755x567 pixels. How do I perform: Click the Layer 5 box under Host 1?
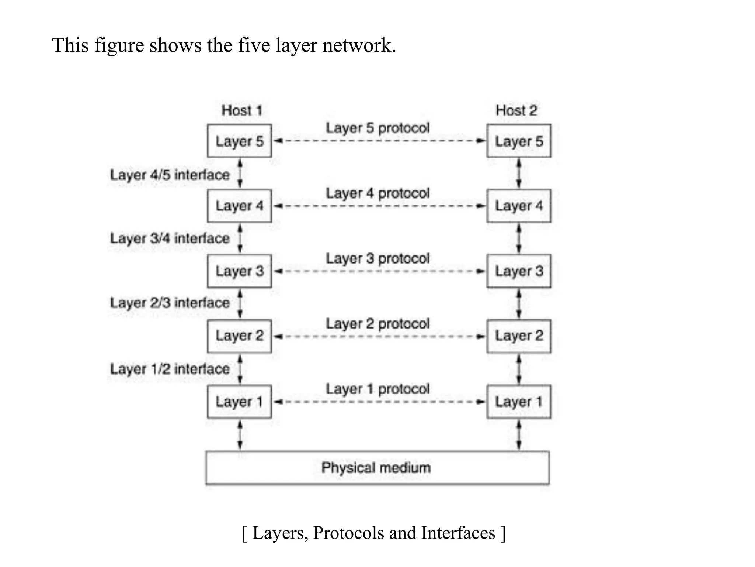coord(239,141)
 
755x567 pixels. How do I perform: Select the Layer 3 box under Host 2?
coord(519,271)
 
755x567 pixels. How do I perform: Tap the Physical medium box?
coord(377,468)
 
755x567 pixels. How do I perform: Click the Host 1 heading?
coord(241,110)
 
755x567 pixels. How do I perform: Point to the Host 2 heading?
coord(516,110)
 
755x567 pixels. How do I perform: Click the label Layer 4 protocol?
coord(377,193)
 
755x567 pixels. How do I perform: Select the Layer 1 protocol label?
coord(377,389)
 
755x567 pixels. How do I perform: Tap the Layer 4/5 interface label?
coord(170,175)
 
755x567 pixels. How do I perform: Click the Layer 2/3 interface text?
coord(170,303)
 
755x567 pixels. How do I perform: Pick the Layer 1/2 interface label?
coord(170,369)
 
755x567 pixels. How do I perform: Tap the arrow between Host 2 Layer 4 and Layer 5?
coord(519,173)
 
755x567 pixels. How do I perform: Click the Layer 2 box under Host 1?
coord(239,336)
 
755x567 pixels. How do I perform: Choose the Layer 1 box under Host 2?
coord(519,402)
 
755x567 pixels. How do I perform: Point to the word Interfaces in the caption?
coord(458,533)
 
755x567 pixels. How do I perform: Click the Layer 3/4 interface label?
coord(170,238)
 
